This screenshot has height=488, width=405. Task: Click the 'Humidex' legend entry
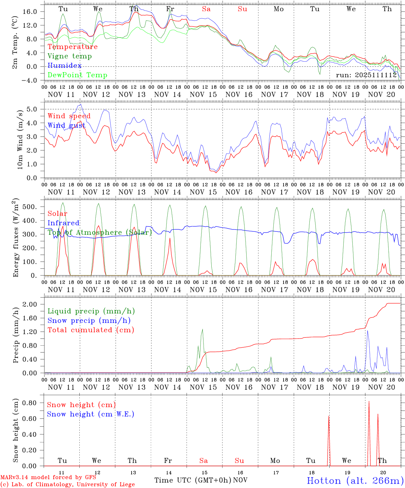pos(64,66)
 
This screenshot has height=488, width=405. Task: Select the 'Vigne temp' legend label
pos(70,56)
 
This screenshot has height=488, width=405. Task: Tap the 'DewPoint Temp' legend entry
pos(77,75)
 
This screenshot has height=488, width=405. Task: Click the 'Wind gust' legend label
pos(66,125)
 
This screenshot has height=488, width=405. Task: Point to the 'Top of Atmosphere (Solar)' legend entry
pos(100,232)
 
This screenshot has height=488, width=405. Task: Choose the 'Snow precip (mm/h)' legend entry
pos(89,321)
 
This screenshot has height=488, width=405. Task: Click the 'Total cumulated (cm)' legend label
pos(91,330)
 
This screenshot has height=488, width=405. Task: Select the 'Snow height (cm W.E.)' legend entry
pos(91,414)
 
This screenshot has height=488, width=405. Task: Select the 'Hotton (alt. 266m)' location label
pos(355,481)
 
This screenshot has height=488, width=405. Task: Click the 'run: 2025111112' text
pos(366,75)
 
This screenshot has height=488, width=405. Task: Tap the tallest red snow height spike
pos(369,402)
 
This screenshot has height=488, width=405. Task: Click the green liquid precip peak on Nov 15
pos(203,329)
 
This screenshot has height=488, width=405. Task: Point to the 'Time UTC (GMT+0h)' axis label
pos(193,480)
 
